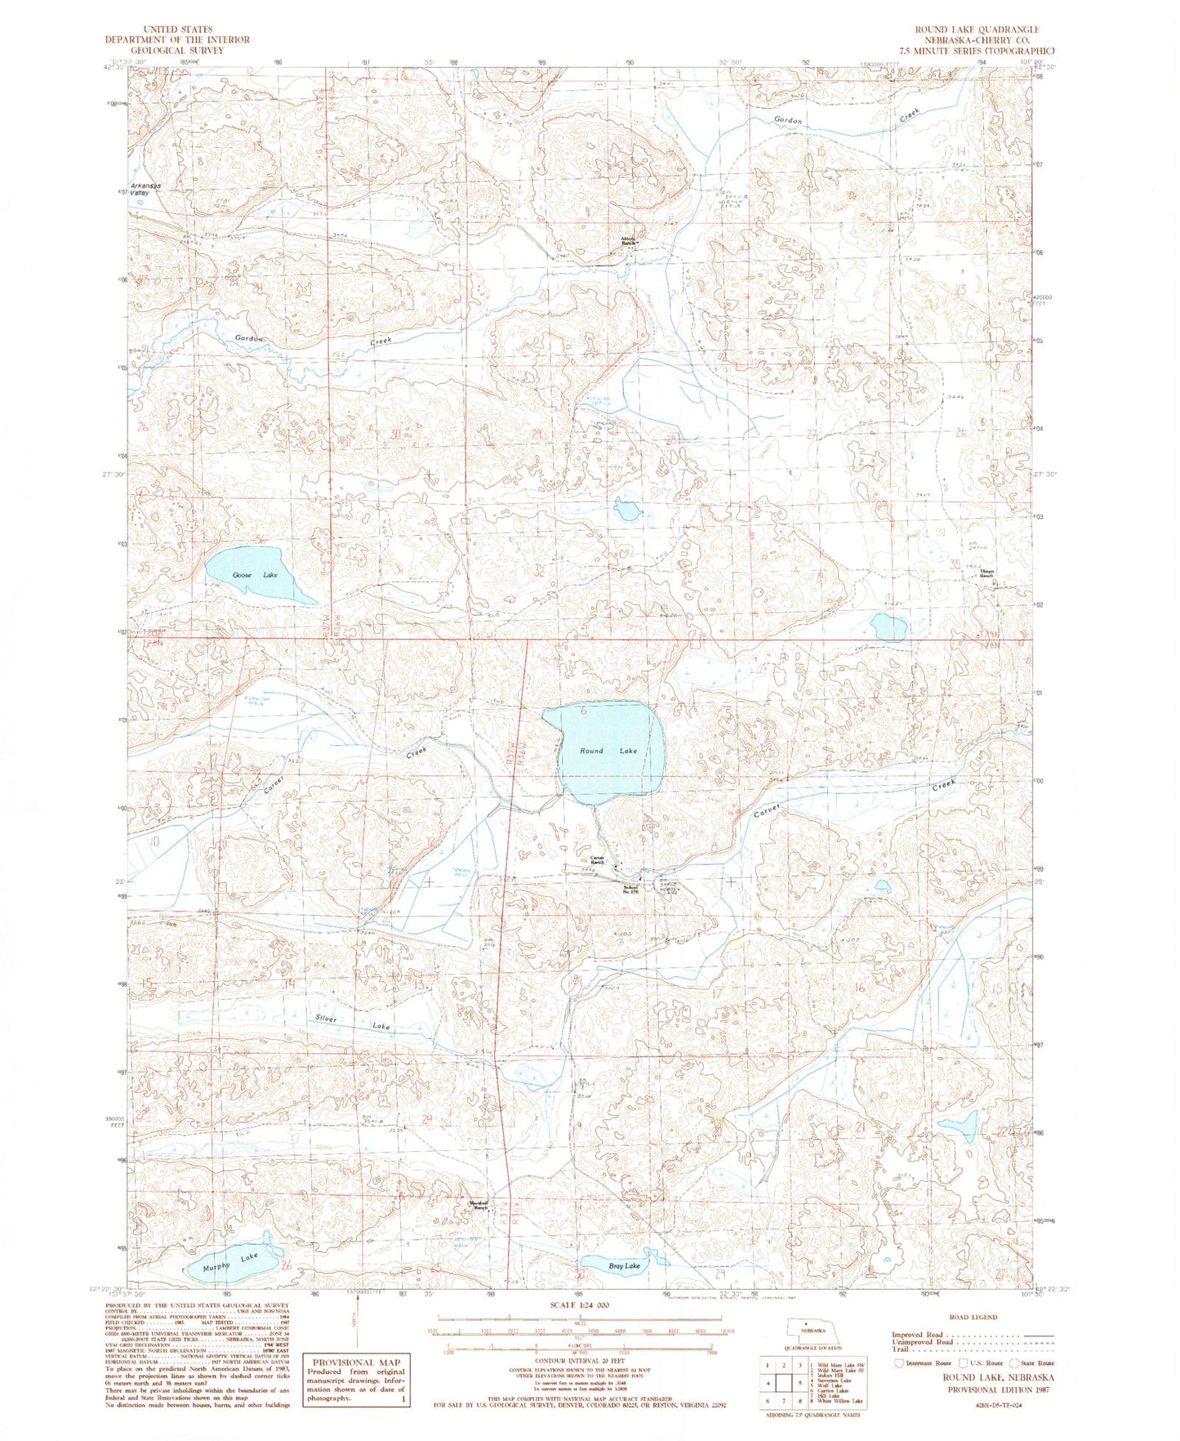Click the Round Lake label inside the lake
coord(608,750)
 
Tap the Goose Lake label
coord(255,575)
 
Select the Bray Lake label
coord(625,1266)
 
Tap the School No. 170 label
coord(630,890)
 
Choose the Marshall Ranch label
coord(479,1205)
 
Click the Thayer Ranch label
coord(986,574)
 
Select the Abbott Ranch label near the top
coord(628,242)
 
